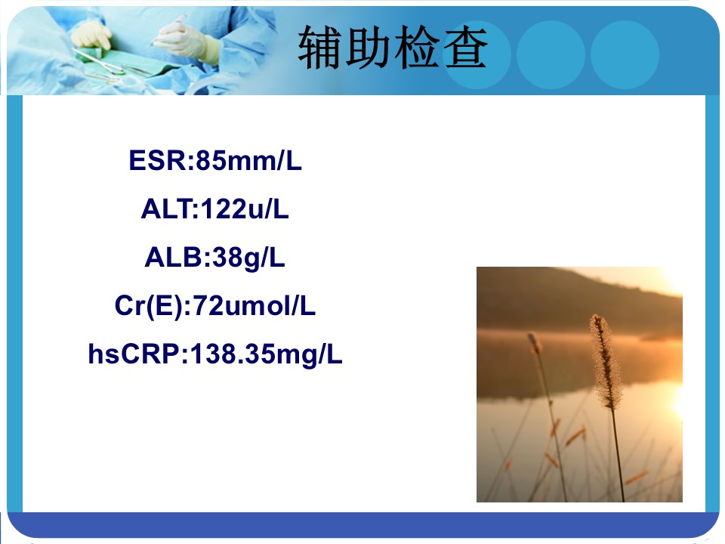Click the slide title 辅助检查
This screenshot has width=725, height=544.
393,48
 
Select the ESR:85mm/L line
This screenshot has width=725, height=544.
215,160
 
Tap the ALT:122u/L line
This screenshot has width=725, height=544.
215,209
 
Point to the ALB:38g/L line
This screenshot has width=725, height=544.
215,258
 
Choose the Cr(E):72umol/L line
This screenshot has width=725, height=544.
215,306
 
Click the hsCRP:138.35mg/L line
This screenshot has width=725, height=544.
215,355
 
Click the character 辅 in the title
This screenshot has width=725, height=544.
320,48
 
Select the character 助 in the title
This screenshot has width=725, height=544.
369,48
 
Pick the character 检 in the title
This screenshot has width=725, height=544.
417,48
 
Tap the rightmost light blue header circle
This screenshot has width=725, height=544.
625,54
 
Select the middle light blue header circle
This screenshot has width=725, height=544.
551,54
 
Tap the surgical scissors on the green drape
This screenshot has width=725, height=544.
100,63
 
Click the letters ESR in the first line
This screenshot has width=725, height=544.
158,160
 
